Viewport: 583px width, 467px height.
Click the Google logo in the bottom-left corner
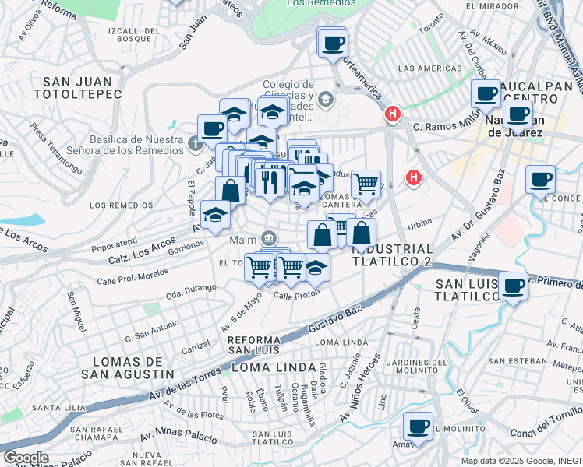click(26, 458)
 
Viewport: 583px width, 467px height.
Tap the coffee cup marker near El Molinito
click(419, 426)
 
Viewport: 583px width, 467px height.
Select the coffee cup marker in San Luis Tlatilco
click(513, 286)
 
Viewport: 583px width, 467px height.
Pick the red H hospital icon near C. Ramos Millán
click(392, 114)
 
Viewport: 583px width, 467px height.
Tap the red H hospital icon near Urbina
click(413, 178)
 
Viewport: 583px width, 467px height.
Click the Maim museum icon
click(268, 237)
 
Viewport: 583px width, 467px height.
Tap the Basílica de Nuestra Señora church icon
click(195, 144)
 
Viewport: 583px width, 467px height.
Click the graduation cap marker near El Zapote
click(215, 215)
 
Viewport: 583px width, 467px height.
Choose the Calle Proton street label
click(293, 296)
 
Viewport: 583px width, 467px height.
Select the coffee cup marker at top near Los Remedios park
click(333, 42)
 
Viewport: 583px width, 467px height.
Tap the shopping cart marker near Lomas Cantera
click(366, 184)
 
